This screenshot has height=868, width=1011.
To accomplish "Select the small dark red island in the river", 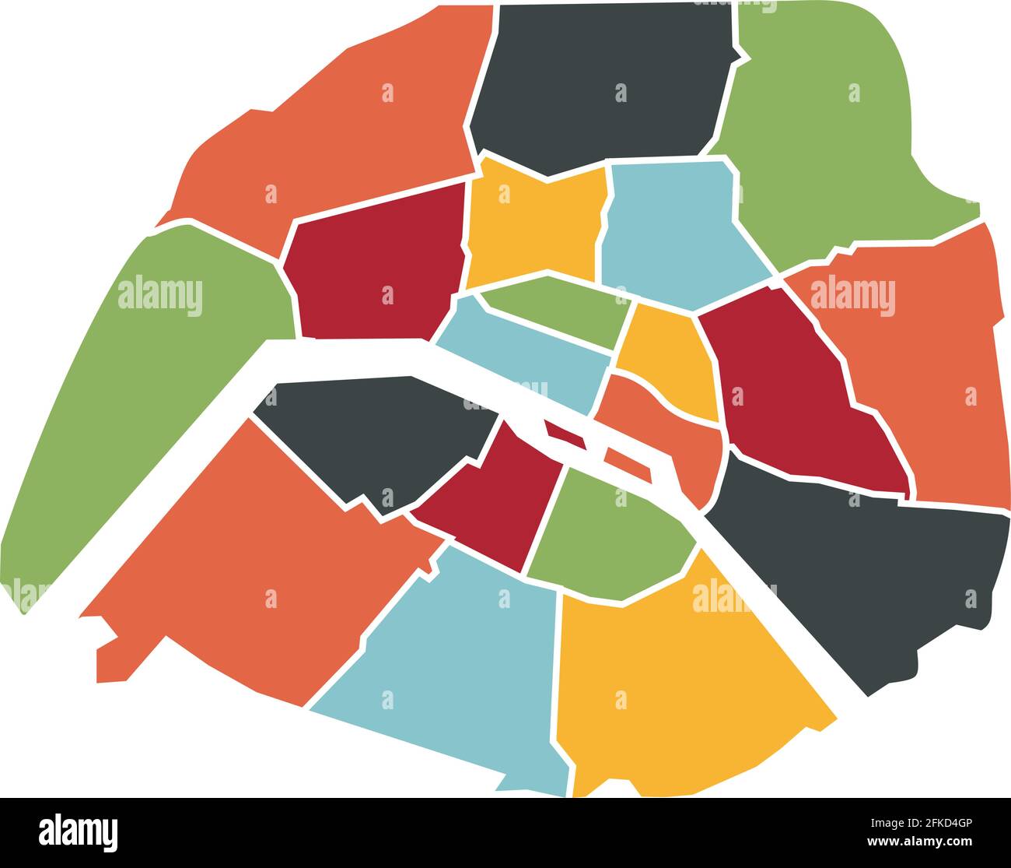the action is click(565, 435).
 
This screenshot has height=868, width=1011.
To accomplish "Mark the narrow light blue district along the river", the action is click(529, 358).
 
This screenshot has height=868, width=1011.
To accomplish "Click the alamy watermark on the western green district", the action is click(160, 297).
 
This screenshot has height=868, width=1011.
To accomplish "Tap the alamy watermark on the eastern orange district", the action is click(852, 297).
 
